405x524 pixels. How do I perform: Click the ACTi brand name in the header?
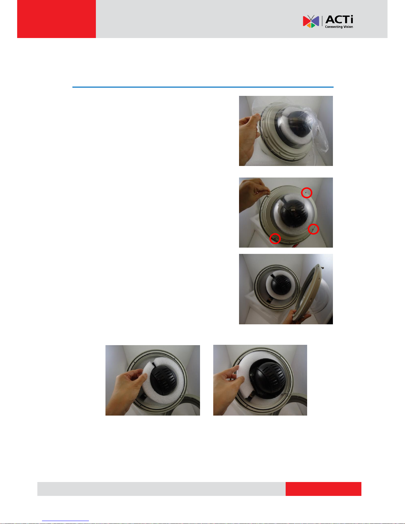[339, 20]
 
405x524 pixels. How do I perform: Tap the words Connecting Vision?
[339, 27]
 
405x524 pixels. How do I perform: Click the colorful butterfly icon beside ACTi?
[311, 21]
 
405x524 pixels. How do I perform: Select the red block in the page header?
[57, 19]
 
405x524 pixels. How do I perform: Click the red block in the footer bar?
[323, 489]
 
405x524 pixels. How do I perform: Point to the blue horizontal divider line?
[203, 87]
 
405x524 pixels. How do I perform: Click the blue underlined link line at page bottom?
[65, 521]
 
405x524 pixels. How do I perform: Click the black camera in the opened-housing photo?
[281, 285]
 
